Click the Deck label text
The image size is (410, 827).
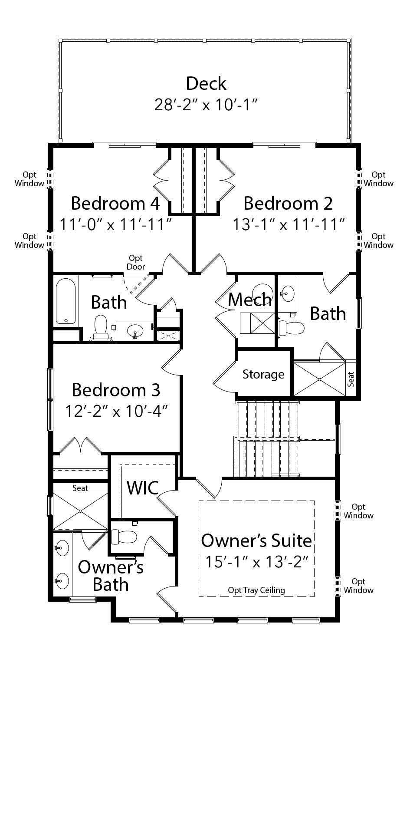click(x=206, y=83)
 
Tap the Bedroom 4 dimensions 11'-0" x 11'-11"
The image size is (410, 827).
click(x=116, y=224)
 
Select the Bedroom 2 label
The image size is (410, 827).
click(x=288, y=203)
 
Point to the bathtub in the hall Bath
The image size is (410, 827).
click(x=66, y=301)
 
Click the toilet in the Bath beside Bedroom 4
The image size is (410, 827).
click(x=101, y=327)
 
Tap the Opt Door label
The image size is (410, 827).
click(x=136, y=263)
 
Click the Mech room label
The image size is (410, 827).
click(x=249, y=300)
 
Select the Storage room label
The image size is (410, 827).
click(x=263, y=374)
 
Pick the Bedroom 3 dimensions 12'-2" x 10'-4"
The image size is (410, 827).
click(x=116, y=411)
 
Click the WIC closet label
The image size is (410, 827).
click(x=143, y=488)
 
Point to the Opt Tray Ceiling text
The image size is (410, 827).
click(x=256, y=590)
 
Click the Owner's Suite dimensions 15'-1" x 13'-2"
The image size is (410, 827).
click(x=256, y=562)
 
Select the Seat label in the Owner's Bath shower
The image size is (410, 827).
click(x=80, y=488)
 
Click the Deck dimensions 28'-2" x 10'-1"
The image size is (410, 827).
click(x=206, y=105)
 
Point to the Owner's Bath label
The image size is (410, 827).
click(x=111, y=576)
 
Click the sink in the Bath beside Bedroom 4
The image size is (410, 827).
click(x=136, y=332)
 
